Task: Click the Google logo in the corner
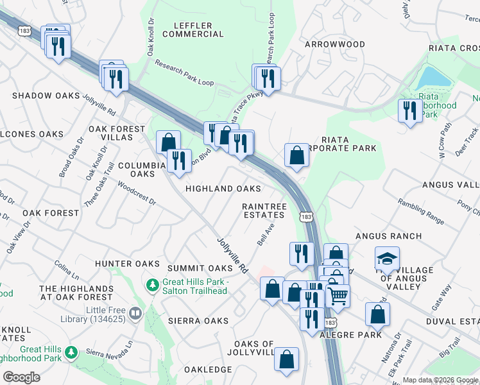21,377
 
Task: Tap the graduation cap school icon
387,259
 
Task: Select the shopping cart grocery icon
338,295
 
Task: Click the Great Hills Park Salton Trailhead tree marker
153,284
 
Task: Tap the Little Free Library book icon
135,313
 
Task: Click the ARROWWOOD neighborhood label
334,44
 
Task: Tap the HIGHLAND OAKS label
223,189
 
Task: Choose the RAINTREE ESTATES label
263,210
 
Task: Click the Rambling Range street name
421,211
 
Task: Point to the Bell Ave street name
266,234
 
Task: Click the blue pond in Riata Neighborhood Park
433,78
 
